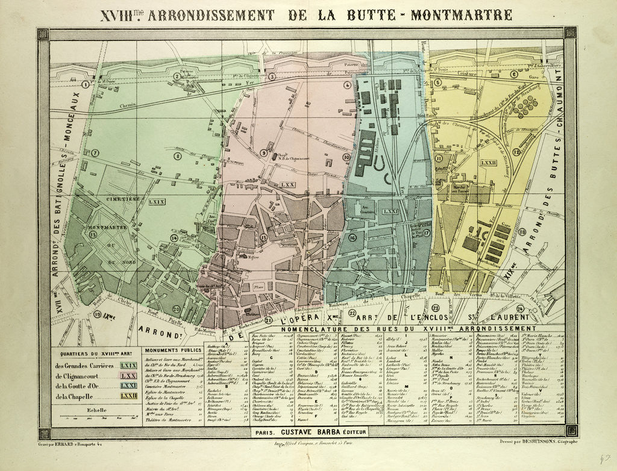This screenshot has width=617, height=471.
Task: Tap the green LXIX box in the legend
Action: point(128,366)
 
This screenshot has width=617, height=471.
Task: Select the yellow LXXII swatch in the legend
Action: point(128,396)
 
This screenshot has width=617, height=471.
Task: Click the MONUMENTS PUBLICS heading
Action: point(172,349)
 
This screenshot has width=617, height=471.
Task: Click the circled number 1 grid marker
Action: point(86,85)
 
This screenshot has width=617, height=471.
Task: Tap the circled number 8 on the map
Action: point(178,156)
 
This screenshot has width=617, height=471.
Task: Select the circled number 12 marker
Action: point(516,152)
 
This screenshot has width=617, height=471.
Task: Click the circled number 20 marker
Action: point(176,309)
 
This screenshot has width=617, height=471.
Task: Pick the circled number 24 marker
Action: point(519,310)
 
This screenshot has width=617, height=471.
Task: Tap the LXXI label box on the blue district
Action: point(390,211)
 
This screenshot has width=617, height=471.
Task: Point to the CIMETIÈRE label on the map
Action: point(124,198)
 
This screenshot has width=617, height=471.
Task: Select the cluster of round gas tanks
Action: point(527,106)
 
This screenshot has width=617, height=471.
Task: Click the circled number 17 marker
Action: point(427,232)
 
